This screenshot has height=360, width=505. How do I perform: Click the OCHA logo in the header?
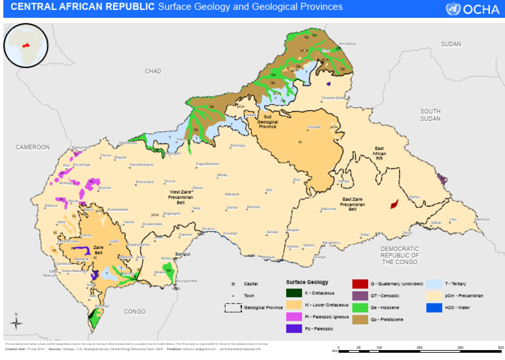[x=472, y=9]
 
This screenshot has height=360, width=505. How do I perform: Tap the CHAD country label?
[x=153, y=71]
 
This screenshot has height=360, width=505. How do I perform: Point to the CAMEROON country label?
[x=33, y=147]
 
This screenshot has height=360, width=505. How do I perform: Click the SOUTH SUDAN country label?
[x=431, y=115]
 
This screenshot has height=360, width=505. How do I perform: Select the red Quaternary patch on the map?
[x=395, y=204]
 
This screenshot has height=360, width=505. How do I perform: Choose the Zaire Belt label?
[x=99, y=250]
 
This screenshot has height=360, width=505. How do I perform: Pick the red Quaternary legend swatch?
[x=359, y=284]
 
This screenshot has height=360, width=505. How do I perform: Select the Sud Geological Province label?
[x=267, y=122]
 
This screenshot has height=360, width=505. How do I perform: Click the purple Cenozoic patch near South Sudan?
[x=442, y=179]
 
